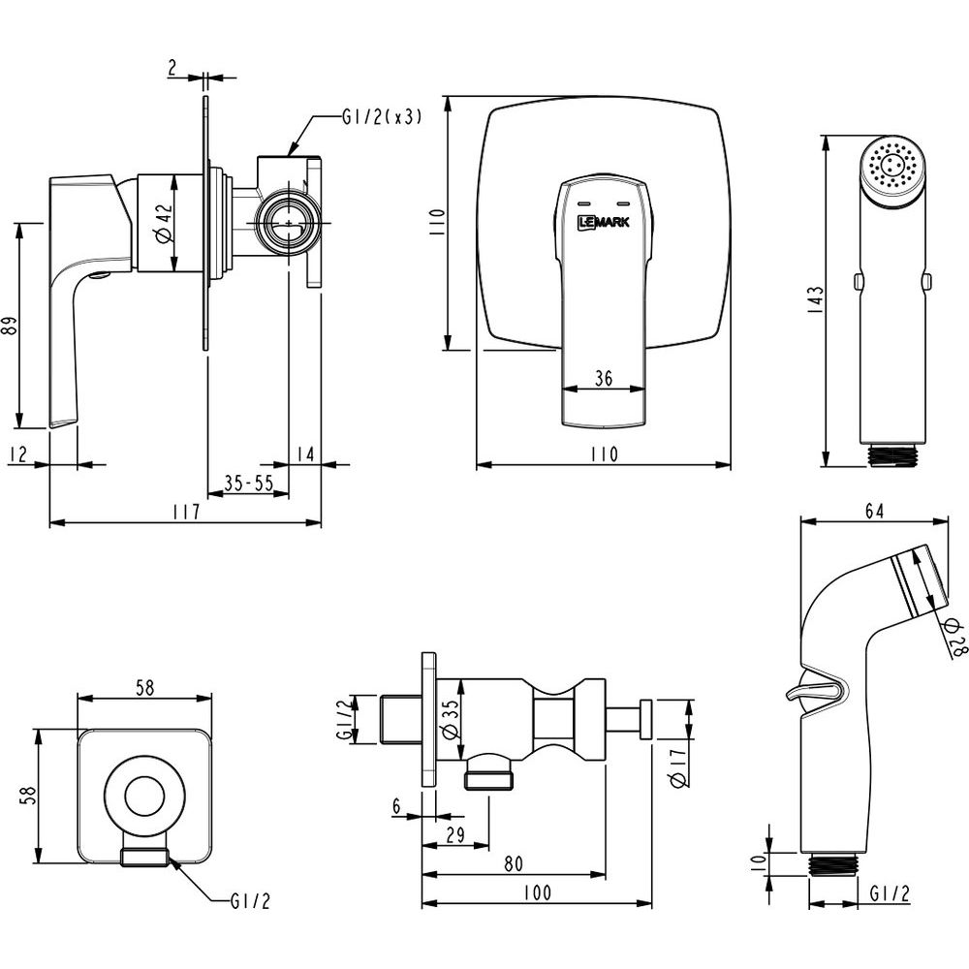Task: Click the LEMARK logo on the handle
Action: tap(603, 222)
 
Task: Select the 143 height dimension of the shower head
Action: tap(816, 297)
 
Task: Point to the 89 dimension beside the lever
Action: tap(10, 326)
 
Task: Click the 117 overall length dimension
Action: tap(185, 513)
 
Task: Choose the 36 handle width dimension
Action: tap(603, 379)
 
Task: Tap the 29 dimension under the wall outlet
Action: tap(453, 834)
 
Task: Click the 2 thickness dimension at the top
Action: tap(172, 68)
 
